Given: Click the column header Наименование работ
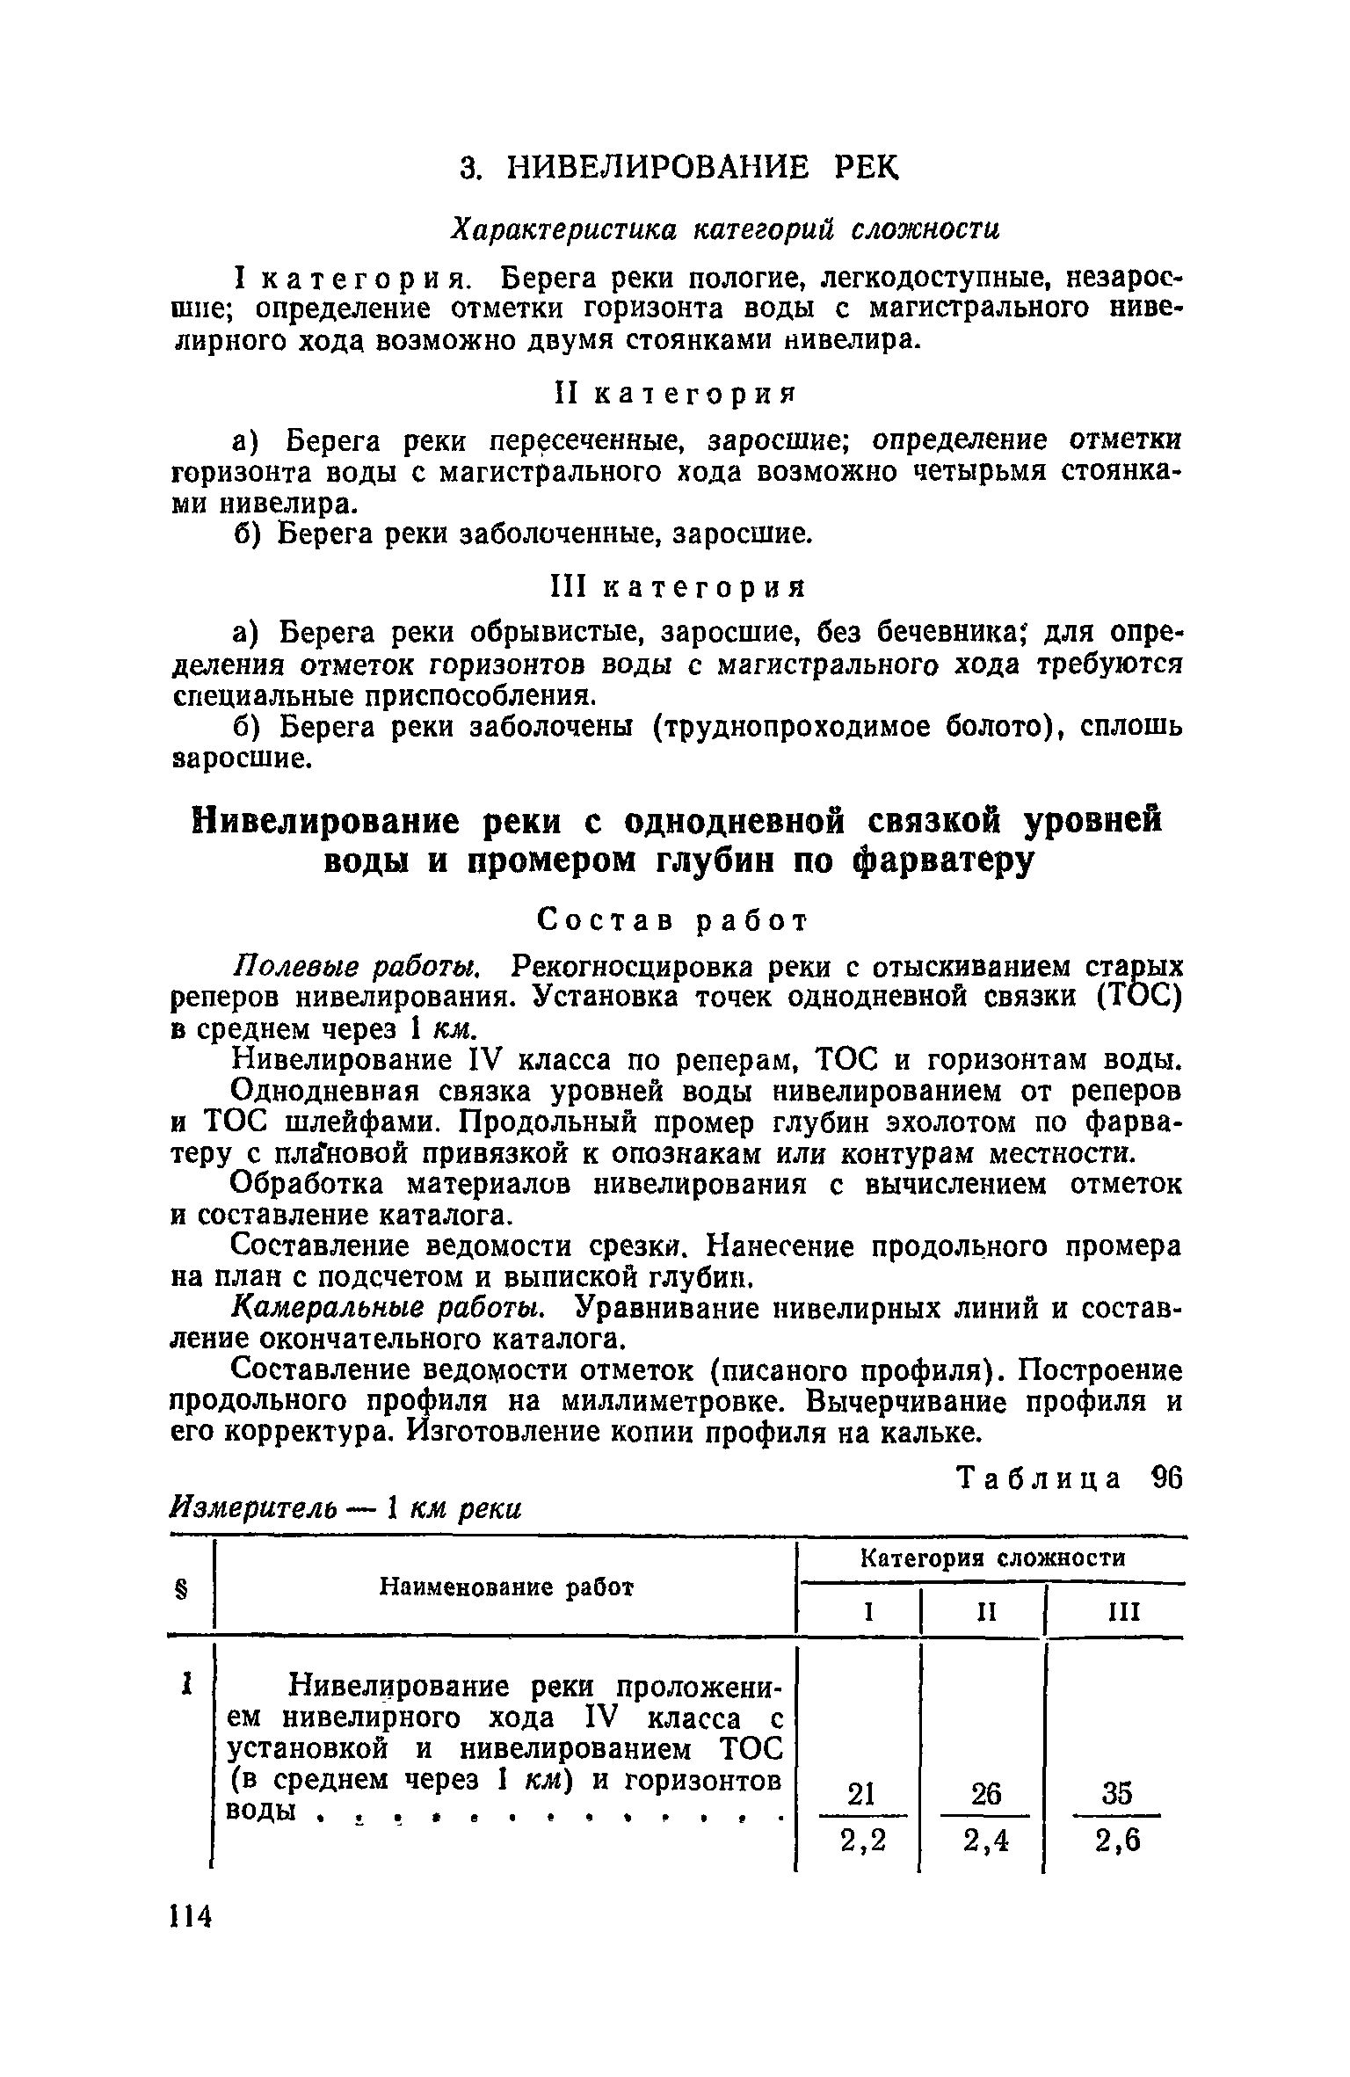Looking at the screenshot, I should tap(506, 1587).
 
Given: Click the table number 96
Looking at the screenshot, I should tap(1165, 1479).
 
